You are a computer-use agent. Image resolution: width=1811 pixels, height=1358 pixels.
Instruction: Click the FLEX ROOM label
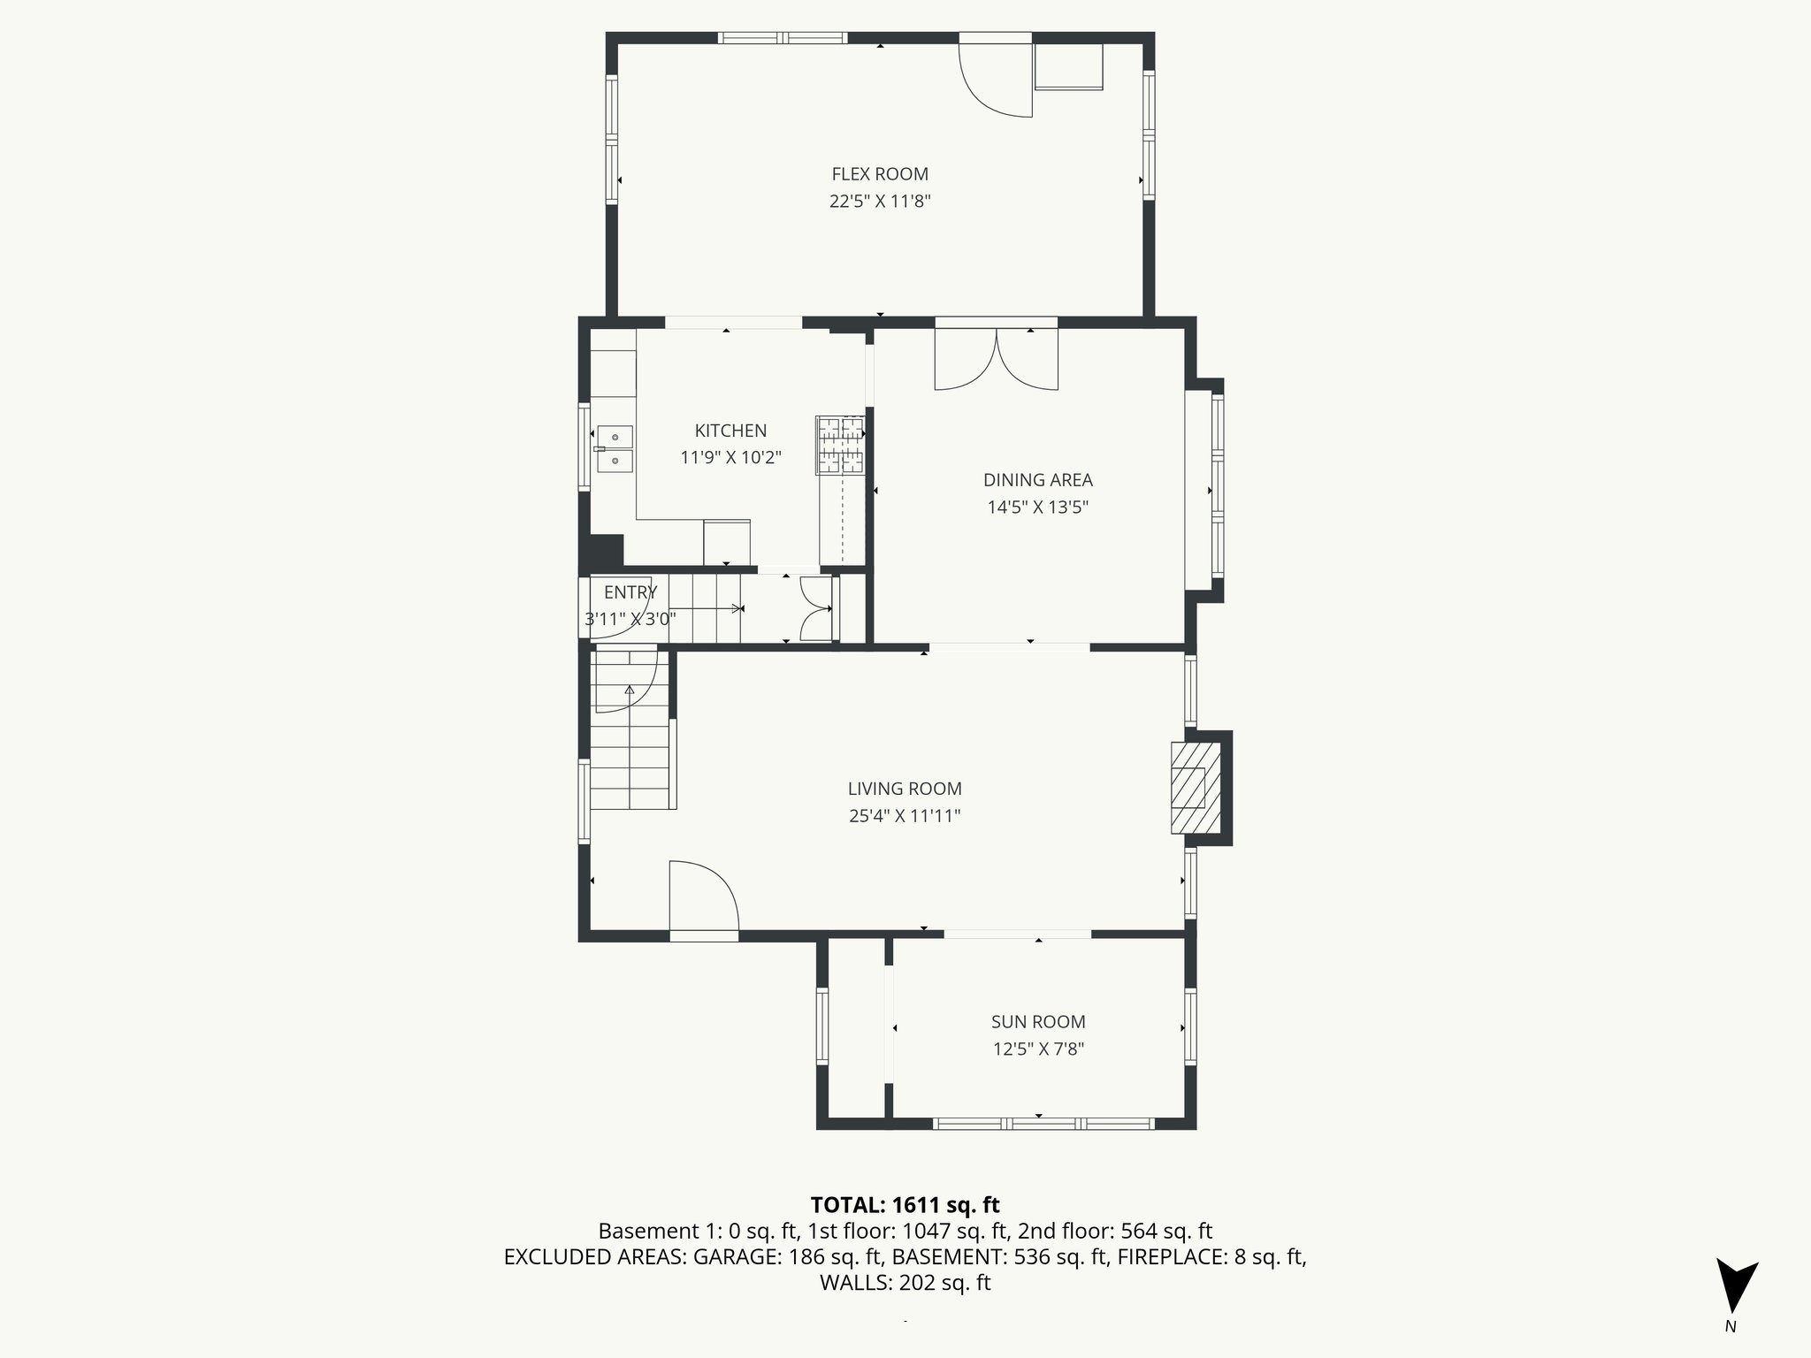tap(880, 174)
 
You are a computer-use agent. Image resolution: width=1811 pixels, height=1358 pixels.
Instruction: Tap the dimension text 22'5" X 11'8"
tap(880, 202)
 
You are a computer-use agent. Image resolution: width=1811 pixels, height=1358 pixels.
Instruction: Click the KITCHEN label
tap(730, 431)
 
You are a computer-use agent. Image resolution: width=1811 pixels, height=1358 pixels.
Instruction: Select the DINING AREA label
tap(1038, 480)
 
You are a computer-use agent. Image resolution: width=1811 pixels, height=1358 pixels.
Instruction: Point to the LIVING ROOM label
tap(905, 789)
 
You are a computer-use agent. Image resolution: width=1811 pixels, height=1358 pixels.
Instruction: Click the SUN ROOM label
tap(1038, 1022)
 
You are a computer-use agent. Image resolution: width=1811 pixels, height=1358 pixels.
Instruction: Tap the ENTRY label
tap(630, 592)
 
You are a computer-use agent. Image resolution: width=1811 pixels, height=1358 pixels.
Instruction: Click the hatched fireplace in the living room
tap(1196, 788)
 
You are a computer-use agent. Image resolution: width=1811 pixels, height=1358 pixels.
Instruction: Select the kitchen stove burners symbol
tap(840, 445)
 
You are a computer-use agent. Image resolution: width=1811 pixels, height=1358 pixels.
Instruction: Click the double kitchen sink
tap(614, 448)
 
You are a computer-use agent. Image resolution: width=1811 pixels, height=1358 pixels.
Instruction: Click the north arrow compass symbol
tap(1735, 1286)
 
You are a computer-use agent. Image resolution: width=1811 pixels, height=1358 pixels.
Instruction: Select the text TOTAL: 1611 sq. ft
tap(905, 1205)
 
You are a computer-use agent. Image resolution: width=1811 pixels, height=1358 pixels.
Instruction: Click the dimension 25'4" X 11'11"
tap(905, 816)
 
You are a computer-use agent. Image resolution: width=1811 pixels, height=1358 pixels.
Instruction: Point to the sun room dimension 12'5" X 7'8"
tap(1038, 1049)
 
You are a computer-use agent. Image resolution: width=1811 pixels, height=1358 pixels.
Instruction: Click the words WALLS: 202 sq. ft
tap(905, 1283)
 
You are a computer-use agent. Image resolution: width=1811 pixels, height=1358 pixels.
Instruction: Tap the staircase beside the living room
tap(630, 751)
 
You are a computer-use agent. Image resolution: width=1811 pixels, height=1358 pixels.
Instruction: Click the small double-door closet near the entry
tap(815, 608)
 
